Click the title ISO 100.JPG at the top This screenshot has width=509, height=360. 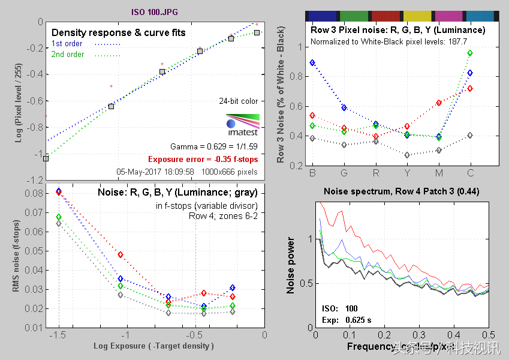click(x=154, y=11)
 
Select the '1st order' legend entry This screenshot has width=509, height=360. click(x=66, y=44)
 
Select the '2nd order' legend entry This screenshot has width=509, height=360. click(x=67, y=55)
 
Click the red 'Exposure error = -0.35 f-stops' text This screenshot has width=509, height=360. click(x=203, y=160)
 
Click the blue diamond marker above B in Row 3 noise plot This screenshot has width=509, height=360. click(x=312, y=62)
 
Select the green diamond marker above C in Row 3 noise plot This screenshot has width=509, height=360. click(x=470, y=53)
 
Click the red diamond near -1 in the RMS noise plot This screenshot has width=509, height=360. click(x=121, y=255)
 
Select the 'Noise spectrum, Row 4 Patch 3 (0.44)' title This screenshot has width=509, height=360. click(x=401, y=192)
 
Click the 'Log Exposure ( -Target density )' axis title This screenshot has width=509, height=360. click(x=153, y=346)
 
